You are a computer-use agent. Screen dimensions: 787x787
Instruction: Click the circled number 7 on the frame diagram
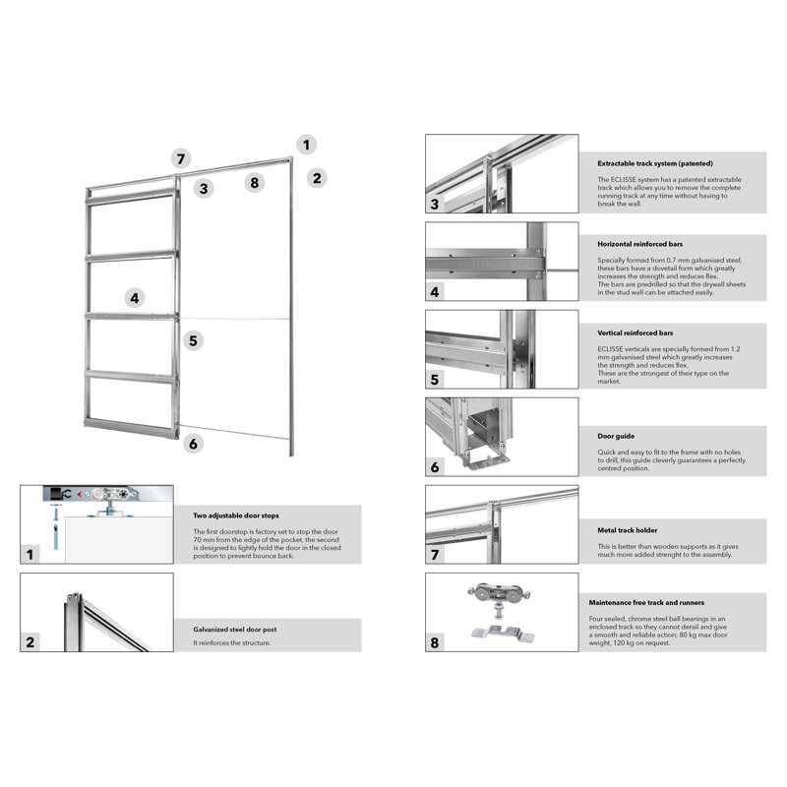coord(178,158)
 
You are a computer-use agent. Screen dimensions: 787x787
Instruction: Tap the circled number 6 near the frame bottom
coord(193,444)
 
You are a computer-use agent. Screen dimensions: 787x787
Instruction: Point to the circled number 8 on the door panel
coord(255,182)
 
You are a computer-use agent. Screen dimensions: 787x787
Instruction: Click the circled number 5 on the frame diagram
coord(194,341)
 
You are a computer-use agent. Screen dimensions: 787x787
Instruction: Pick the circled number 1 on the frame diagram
coord(307,145)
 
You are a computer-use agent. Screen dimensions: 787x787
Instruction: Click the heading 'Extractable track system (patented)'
coord(655,163)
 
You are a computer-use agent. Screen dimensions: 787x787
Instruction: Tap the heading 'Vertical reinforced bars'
coord(636,333)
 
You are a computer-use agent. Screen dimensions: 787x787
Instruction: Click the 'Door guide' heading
coord(617,435)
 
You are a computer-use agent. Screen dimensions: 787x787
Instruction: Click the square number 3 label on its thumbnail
coord(434,205)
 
